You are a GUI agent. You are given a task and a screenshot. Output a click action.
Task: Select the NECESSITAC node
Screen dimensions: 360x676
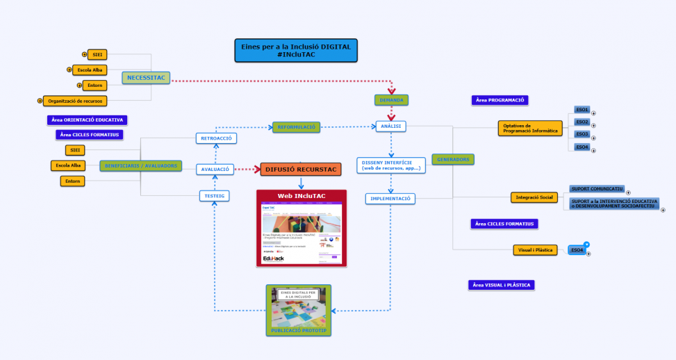click(146, 78)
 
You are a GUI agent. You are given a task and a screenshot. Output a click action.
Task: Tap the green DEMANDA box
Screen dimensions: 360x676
click(390, 100)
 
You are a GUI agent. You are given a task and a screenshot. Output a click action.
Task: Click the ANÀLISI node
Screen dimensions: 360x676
click(390, 126)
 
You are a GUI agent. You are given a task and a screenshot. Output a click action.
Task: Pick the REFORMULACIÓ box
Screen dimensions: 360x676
click(297, 126)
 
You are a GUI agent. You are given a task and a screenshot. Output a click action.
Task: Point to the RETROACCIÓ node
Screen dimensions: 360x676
click(217, 138)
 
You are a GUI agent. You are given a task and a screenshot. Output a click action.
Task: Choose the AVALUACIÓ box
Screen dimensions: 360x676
click(217, 169)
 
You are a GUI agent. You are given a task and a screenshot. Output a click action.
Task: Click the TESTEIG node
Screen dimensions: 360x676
click(214, 196)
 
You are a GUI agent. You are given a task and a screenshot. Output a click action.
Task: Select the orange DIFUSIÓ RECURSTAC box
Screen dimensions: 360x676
click(301, 169)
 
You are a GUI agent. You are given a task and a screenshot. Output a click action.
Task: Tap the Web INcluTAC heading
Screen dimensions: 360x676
click(301, 196)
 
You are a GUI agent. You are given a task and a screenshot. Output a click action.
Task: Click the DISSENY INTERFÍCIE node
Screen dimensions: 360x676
click(391, 165)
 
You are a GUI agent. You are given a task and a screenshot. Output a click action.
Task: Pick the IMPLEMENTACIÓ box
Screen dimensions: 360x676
click(390, 199)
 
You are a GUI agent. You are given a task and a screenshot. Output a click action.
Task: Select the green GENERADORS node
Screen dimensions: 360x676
click(453, 159)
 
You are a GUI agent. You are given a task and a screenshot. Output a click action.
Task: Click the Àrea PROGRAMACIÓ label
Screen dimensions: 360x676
click(500, 100)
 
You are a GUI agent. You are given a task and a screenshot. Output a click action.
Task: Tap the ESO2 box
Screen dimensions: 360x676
click(582, 122)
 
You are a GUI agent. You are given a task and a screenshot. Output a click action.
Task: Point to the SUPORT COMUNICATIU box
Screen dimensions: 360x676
click(596, 188)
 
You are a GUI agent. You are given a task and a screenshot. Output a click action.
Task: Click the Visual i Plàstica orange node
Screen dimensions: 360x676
click(535, 249)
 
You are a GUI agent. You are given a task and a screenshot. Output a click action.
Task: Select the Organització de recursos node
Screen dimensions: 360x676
click(74, 101)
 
